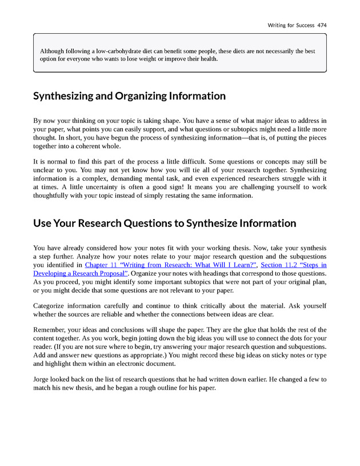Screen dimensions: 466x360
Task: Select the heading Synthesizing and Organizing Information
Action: click(129, 96)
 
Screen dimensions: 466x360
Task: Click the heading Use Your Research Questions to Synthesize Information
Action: click(165, 223)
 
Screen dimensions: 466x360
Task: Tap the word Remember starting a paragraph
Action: click(51, 330)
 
